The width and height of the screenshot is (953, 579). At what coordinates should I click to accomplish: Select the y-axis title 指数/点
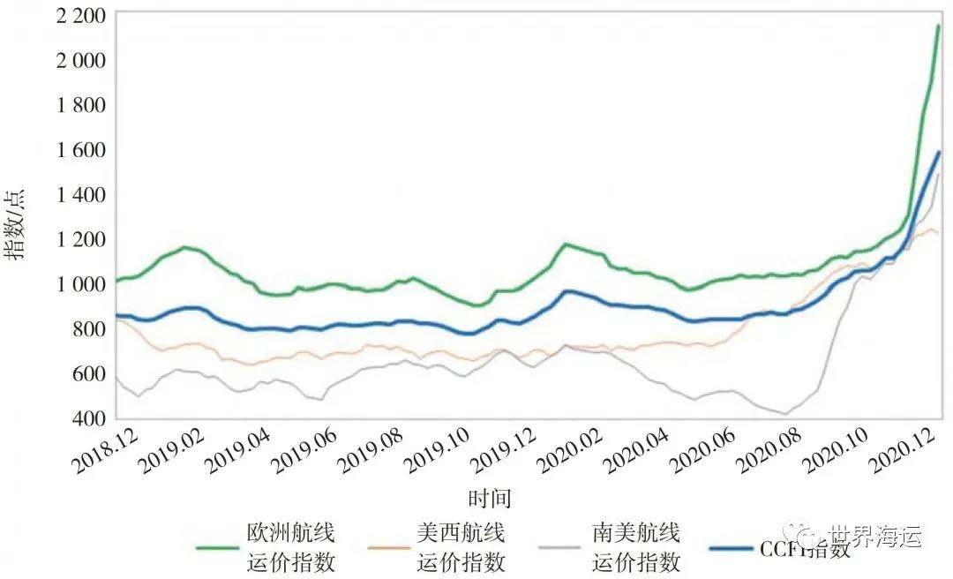pos(17,226)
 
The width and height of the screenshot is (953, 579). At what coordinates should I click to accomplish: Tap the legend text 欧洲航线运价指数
pos(290,547)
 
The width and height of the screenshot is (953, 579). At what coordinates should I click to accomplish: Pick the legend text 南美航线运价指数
pos(635,547)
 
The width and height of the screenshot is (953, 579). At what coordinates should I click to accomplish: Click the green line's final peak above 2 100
pos(938,26)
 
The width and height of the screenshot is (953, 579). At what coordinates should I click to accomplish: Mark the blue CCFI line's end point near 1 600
pos(939,153)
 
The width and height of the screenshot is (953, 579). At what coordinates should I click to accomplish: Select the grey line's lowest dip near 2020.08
pos(784,413)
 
